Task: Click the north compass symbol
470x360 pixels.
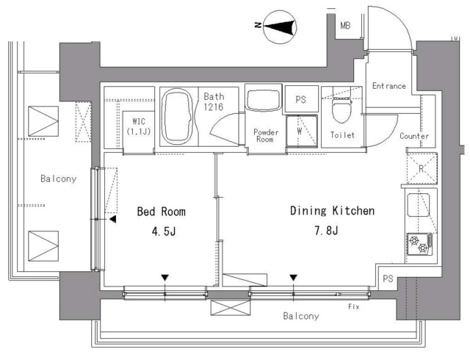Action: [x=280, y=27]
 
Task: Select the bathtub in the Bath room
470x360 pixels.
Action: [x=178, y=116]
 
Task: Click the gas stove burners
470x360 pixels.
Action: [x=419, y=244]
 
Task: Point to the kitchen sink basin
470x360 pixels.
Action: [x=419, y=205]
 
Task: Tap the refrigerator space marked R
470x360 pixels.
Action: [x=422, y=168]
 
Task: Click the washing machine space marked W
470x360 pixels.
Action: [x=302, y=131]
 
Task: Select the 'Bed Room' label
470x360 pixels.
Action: [x=162, y=212]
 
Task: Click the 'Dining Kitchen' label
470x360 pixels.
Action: [x=333, y=211]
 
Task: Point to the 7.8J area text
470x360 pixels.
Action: [x=326, y=231]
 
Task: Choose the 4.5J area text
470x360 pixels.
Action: [x=164, y=231]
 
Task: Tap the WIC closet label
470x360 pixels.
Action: [x=139, y=126]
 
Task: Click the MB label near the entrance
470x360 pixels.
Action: [x=345, y=26]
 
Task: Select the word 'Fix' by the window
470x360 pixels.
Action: [x=354, y=306]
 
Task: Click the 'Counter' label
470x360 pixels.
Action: [x=414, y=136]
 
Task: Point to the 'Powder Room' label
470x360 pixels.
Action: [x=266, y=136]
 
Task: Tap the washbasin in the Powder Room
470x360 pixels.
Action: [x=264, y=100]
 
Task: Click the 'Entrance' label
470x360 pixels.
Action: [x=388, y=86]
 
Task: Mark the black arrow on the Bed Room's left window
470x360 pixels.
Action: [x=112, y=219]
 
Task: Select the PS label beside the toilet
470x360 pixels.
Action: [x=300, y=99]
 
